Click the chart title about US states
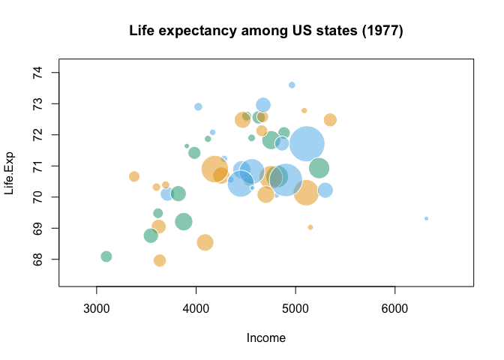tap(266, 31)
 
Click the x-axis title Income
tap(266, 338)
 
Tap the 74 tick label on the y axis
tap(37, 73)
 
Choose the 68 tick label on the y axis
tap(37, 259)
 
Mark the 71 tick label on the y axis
tap(37, 166)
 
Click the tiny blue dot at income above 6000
tap(426, 218)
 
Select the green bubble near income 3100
tap(106, 256)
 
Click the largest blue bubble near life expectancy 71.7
tap(307, 144)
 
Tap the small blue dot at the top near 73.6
tap(292, 85)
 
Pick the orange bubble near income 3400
tap(134, 176)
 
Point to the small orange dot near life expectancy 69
tap(310, 227)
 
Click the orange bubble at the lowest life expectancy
tap(160, 260)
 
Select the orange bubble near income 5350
tap(330, 120)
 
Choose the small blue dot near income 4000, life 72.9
tap(198, 106)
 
